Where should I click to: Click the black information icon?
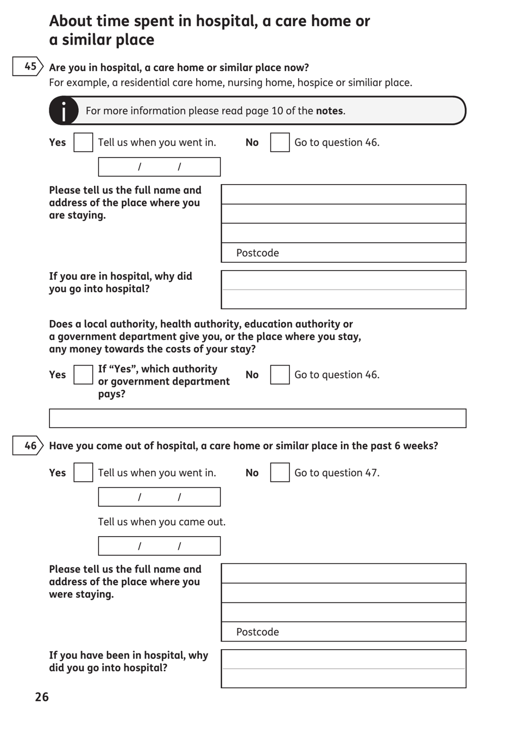(64, 111)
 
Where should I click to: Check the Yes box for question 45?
(83, 142)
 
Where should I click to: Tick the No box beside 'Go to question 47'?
(280, 473)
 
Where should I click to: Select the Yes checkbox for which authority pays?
(83, 375)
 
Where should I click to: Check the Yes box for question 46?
(83, 473)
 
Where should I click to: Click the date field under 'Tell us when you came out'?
(159, 546)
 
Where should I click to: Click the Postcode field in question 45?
(343, 253)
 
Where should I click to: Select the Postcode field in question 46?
(343, 632)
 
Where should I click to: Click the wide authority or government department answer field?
(257, 418)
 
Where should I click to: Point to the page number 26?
(42, 697)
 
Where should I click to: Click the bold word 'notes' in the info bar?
(329, 111)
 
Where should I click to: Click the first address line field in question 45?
(343, 194)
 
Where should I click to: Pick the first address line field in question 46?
(343, 574)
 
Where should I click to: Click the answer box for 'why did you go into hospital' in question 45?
(343, 290)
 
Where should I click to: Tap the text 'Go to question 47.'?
(337, 473)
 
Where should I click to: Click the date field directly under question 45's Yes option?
(159, 167)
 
